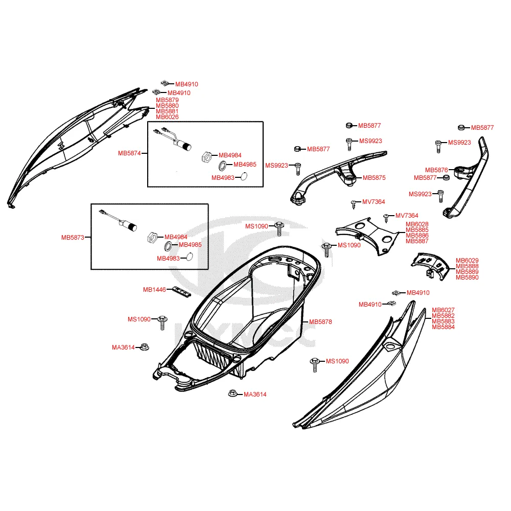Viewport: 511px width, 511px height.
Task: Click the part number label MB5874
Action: click(130, 153)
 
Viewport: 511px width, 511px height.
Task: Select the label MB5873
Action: click(73, 238)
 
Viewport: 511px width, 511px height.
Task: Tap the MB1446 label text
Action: click(154, 290)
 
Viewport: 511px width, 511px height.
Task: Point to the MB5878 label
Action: click(320, 322)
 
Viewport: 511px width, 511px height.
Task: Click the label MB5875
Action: click(374, 178)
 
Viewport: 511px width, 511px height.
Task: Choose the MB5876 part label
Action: click(436, 170)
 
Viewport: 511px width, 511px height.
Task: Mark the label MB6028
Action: click(417, 224)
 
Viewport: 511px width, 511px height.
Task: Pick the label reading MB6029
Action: click(467, 261)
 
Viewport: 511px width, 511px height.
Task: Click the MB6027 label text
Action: click(443, 310)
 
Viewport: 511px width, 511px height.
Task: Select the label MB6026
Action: click(167, 117)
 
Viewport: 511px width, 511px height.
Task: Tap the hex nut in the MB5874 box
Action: click(205, 156)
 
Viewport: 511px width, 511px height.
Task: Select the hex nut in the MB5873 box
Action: click(152, 238)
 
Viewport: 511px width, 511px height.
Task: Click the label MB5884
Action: click(443, 327)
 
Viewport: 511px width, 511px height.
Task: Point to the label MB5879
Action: click(167, 100)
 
